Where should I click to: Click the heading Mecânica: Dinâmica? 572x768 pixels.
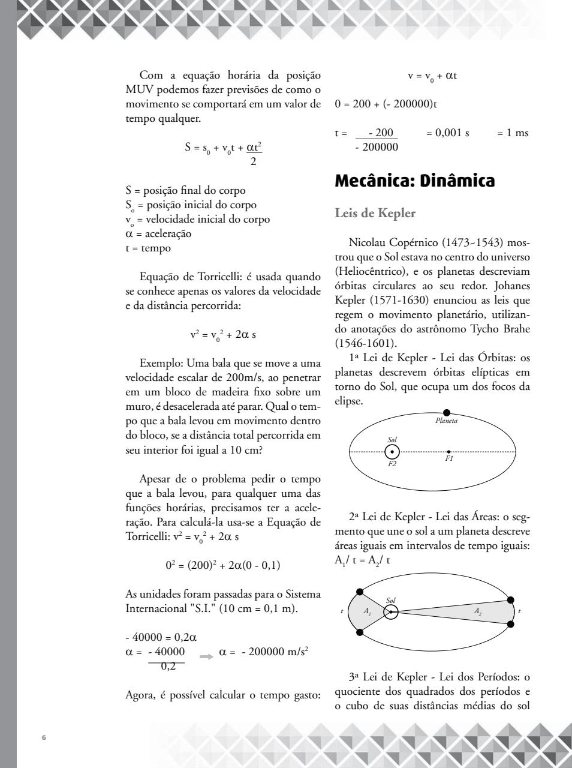[x=414, y=181]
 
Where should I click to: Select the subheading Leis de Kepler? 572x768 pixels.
[x=375, y=213]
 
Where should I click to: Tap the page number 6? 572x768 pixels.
[x=44, y=737]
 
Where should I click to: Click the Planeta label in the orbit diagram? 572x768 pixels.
[x=446, y=421]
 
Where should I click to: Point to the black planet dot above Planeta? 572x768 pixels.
[x=447, y=412]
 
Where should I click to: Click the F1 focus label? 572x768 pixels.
[x=449, y=458]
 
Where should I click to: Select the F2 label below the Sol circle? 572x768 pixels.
[x=392, y=464]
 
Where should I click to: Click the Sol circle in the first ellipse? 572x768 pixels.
[x=392, y=452]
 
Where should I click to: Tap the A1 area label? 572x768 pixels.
[x=368, y=611]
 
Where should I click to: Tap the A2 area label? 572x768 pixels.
[x=478, y=611]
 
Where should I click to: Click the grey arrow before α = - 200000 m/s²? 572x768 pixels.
[x=206, y=656]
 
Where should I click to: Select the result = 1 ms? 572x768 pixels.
[x=513, y=133]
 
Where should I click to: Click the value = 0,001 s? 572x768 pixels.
[x=448, y=133]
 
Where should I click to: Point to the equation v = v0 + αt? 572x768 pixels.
[x=432, y=76]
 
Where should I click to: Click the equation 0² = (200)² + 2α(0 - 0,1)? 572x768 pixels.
[x=223, y=565]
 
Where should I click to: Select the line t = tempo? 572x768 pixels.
[x=148, y=248]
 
